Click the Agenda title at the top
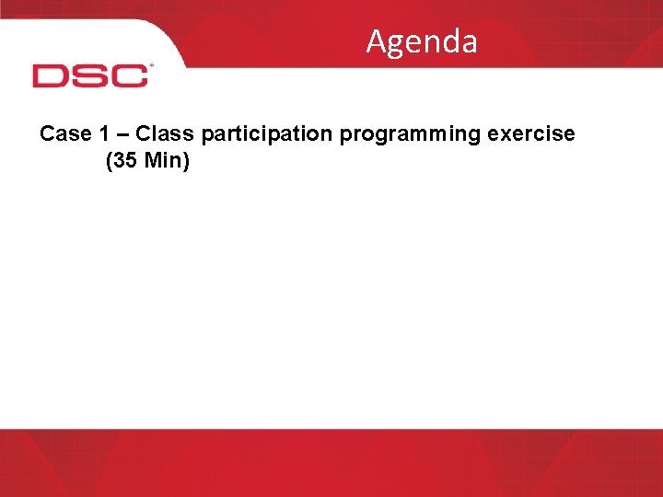pos(422,42)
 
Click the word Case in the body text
pos(64,134)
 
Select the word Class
pos(164,134)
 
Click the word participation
pos(267,135)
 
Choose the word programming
pos(411,135)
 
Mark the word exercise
pos(531,134)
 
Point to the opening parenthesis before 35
pos(110,164)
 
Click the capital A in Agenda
pos(376,42)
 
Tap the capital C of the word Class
pos(144,134)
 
